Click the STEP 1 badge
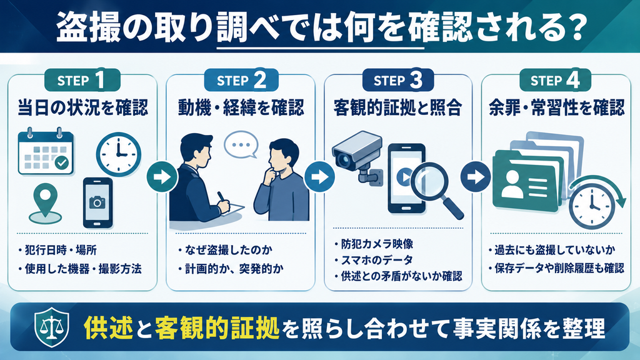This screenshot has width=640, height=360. coord(82,80)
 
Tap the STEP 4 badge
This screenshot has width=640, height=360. coord(555,80)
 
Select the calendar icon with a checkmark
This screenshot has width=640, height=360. coord(46,151)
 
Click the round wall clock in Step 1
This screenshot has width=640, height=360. coord(119,154)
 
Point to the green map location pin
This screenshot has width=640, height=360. coord(45,203)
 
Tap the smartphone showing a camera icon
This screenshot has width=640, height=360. coord(97,203)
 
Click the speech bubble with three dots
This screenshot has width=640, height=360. coord(241,144)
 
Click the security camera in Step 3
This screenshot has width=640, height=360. coord(357,156)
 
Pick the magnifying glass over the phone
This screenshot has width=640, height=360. coord(436,189)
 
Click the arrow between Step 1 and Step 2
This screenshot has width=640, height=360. coord(162,177)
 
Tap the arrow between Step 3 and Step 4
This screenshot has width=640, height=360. coord(476,177)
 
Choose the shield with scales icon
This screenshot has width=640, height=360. coord(51,327)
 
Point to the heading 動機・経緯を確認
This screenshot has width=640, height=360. coord(241,107)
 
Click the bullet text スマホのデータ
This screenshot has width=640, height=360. coord(377,260)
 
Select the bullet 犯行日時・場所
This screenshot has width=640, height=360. coord(61,250)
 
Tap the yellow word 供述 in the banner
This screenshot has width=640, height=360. coord(109,327)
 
